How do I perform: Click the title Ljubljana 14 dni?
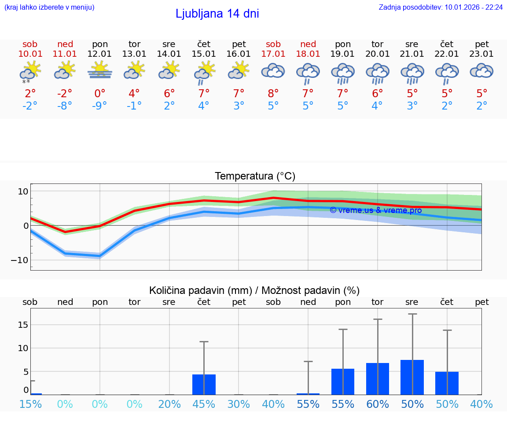click(x=217, y=14)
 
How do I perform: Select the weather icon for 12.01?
click(x=100, y=70)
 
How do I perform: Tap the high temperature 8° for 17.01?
click(x=273, y=93)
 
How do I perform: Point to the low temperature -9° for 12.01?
click(x=100, y=106)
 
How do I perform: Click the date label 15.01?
click(x=204, y=54)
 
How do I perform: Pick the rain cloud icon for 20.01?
click(x=378, y=73)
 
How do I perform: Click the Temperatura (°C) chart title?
click(x=255, y=176)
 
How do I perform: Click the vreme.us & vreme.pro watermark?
click(x=375, y=210)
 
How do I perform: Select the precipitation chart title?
click(x=254, y=290)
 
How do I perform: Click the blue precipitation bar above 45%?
click(x=204, y=385)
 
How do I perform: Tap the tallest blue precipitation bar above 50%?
click(x=412, y=377)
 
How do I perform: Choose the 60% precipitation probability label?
click(x=378, y=404)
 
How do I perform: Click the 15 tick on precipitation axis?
click(x=23, y=325)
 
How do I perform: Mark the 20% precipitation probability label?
click(x=169, y=404)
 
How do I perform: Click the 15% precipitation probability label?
click(x=30, y=404)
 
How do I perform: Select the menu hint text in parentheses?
click(x=49, y=7)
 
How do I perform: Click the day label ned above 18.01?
click(x=308, y=44)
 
